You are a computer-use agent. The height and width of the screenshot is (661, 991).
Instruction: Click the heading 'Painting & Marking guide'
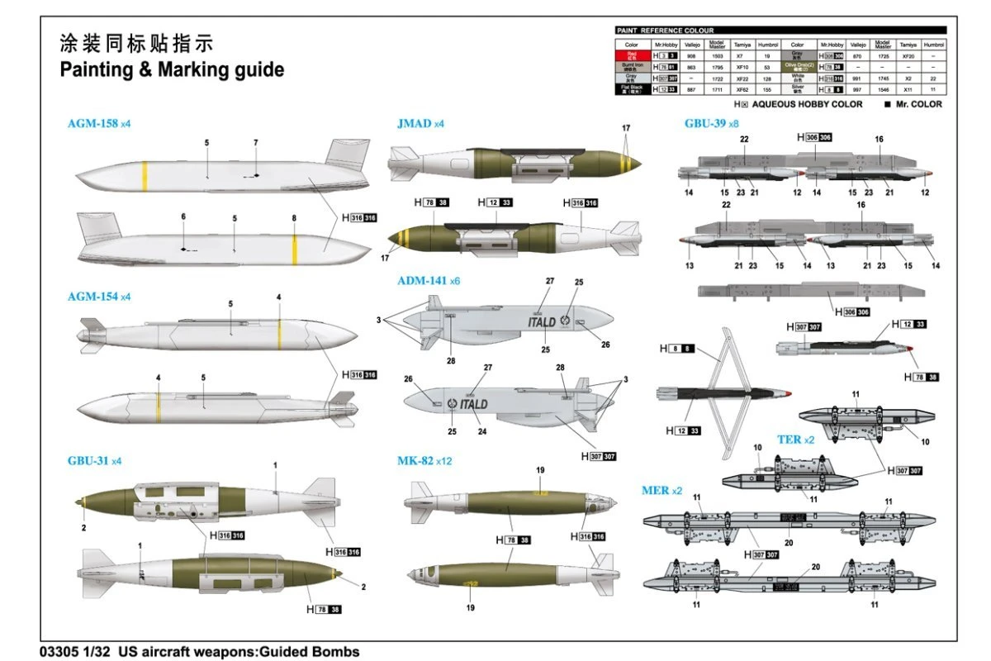coord(172,69)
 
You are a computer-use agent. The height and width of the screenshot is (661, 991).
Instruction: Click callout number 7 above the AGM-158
coord(255,143)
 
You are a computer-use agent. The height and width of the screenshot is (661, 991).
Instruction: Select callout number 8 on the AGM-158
coord(294,218)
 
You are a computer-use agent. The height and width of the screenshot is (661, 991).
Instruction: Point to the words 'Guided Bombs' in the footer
coord(311,651)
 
